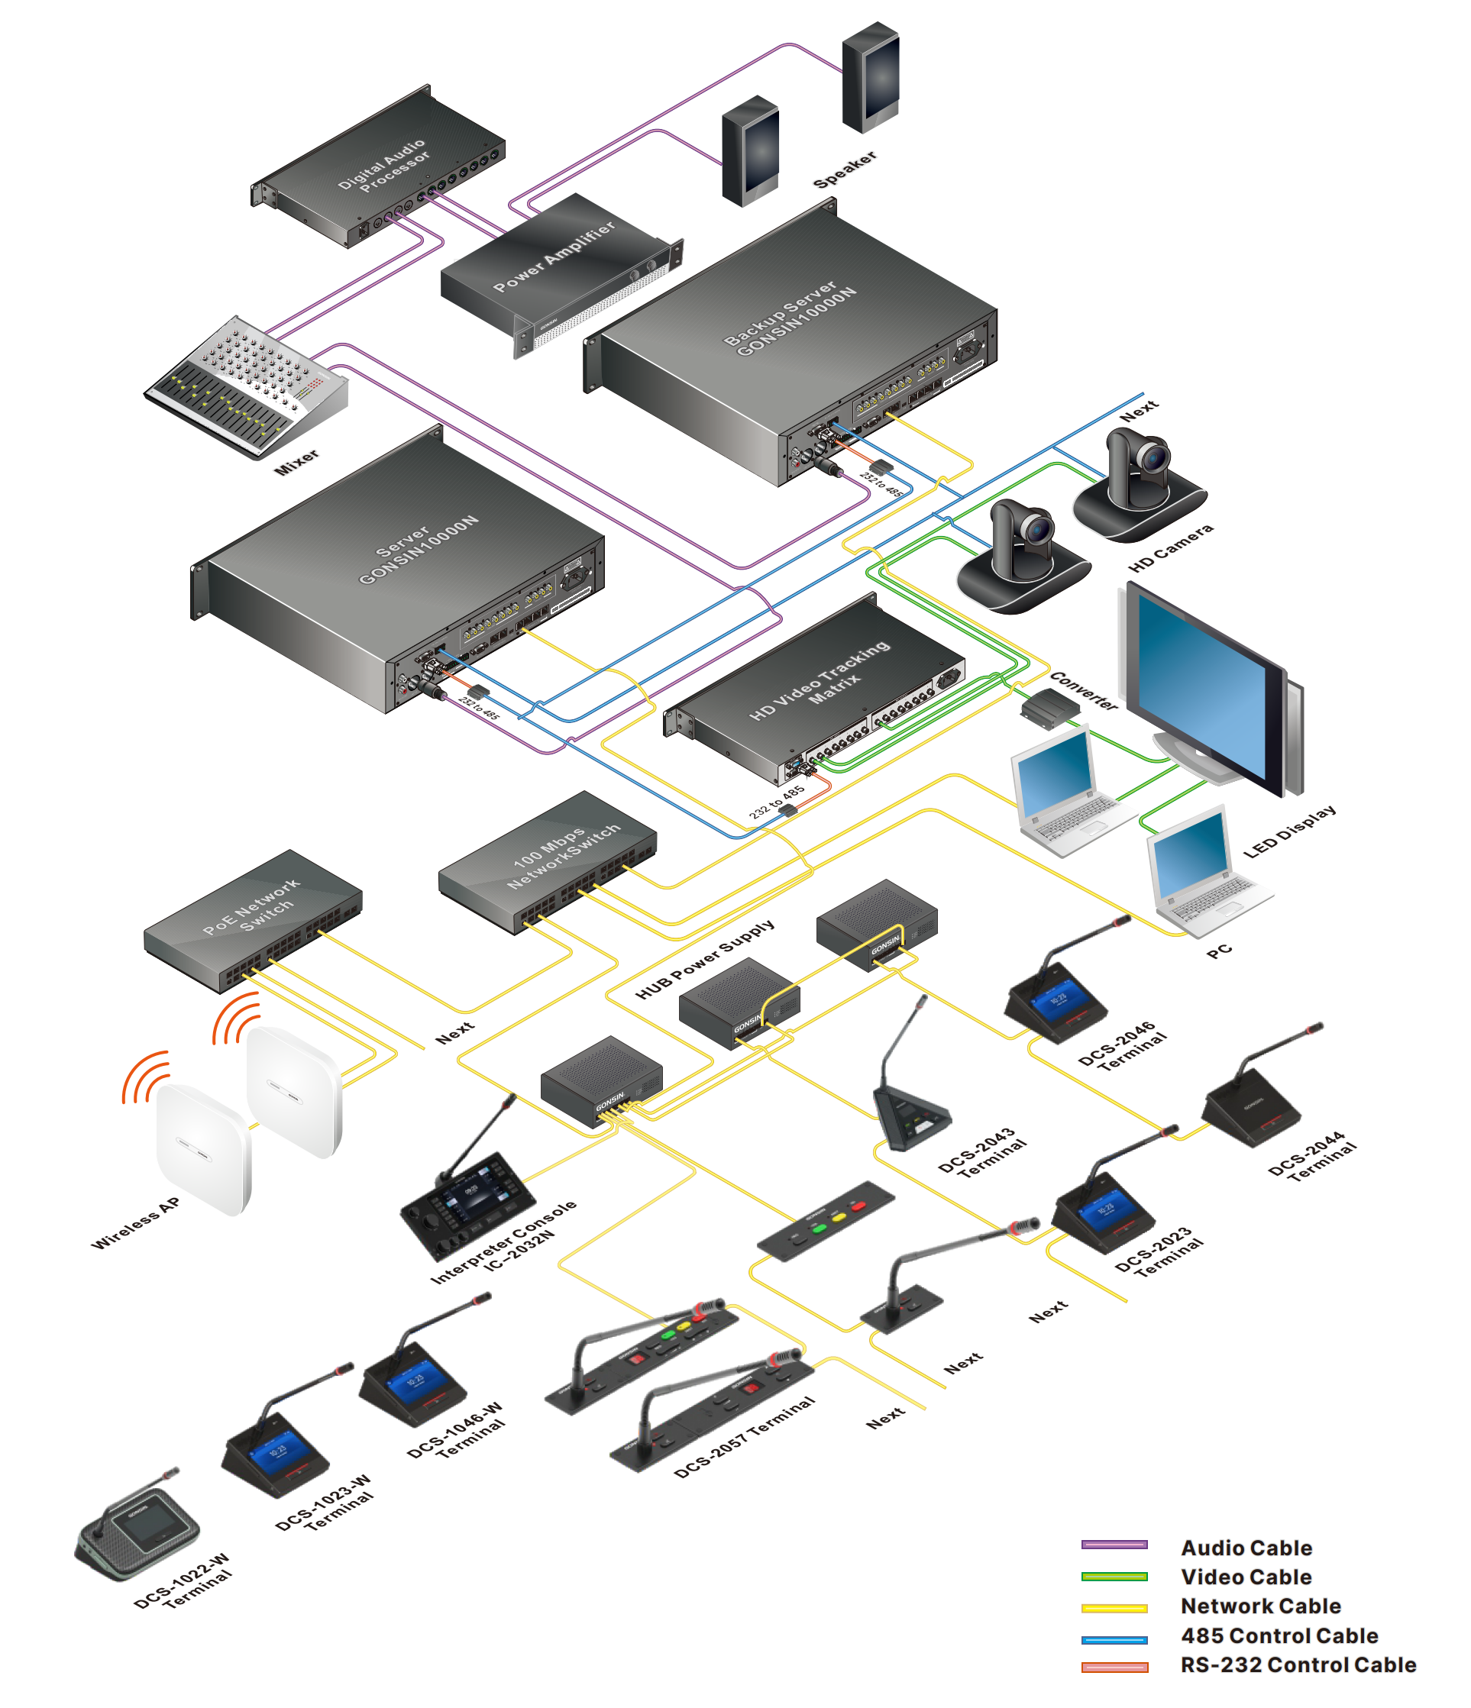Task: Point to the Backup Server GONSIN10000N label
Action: (789, 320)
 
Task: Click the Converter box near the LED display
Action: (1049, 708)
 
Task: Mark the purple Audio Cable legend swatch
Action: (1114, 1545)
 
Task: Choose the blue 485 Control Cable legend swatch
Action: (1114, 1637)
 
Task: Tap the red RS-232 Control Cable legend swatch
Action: (1114, 1667)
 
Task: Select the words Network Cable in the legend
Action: (1260, 1606)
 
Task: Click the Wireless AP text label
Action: (135, 1223)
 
